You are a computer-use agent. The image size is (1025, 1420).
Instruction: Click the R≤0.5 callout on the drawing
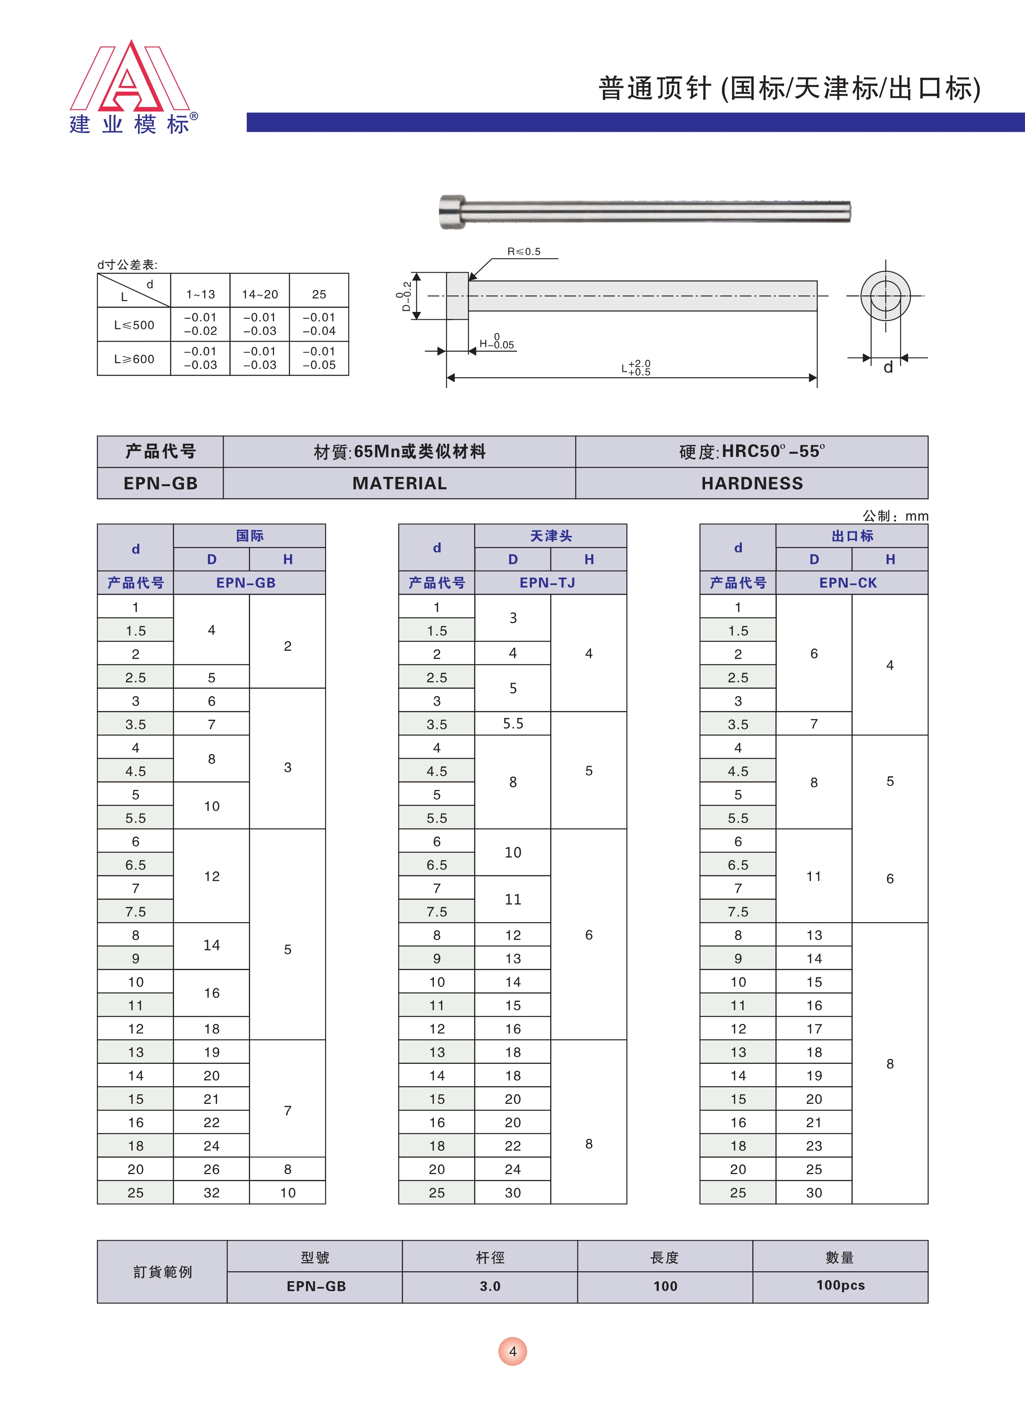524,252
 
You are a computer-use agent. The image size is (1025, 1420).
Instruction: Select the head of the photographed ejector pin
452,212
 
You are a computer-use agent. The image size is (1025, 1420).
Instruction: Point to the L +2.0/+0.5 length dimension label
636,368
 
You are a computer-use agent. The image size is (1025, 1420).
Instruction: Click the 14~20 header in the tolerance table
260,294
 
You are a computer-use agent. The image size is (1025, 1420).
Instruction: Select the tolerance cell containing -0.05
319,359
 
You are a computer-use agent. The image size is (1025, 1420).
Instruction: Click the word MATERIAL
400,483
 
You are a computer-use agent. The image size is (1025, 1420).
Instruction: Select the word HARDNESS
752,483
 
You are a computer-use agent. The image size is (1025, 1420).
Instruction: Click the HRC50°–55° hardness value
772,452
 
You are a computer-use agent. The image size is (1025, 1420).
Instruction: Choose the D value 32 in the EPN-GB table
212,1193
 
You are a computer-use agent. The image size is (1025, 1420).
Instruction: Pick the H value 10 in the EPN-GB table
288,1193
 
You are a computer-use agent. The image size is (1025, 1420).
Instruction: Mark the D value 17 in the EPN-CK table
814,1029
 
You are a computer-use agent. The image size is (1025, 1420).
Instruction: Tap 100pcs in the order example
840,1285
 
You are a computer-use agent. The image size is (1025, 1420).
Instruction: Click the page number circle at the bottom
512,1352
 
